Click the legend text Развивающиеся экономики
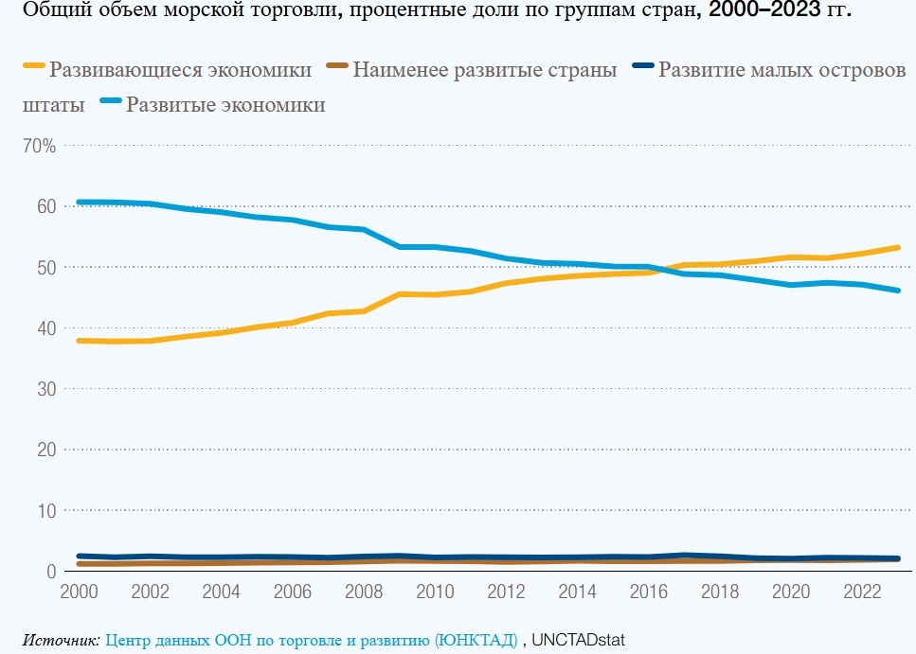point(180,70)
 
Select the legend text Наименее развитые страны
point(484,70)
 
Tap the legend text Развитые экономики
point(225,105)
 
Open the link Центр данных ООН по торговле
point(311,640)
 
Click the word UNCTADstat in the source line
point(579,640)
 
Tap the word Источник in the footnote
point(61,640)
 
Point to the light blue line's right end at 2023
point(897,291)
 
